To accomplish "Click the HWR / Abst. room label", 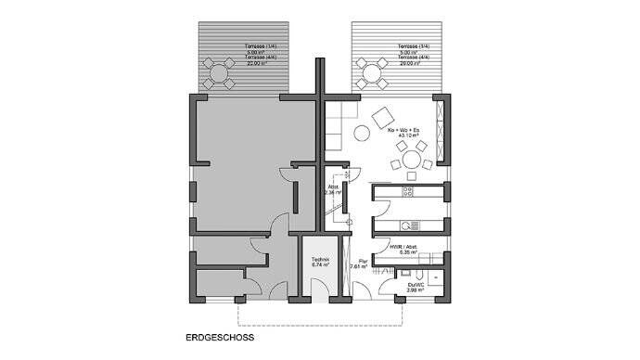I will [x=403, y=246].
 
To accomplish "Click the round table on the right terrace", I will [x=375, y=71].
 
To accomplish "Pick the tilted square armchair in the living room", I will [x=381, y=119].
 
